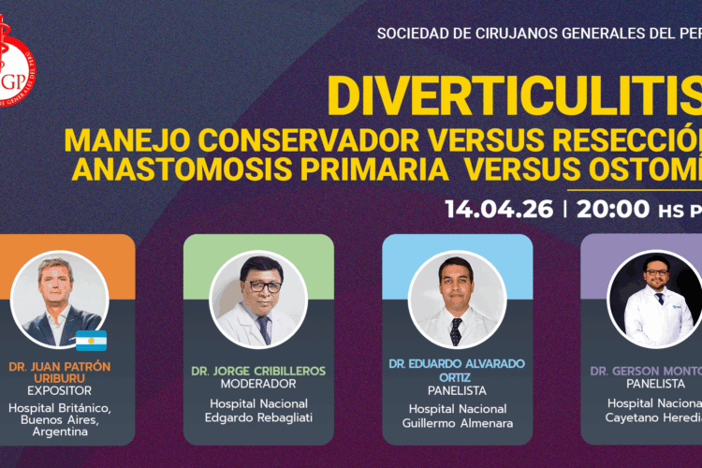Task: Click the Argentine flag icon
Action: (92, 340)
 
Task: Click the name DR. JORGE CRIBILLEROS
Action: (258, 371)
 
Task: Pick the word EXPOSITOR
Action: (60, 389)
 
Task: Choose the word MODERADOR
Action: (258, 385)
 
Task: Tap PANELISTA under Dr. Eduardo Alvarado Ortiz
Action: (458, 390)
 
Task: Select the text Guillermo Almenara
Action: (458, 422)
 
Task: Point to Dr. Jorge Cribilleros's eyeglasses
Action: (258, 280)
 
